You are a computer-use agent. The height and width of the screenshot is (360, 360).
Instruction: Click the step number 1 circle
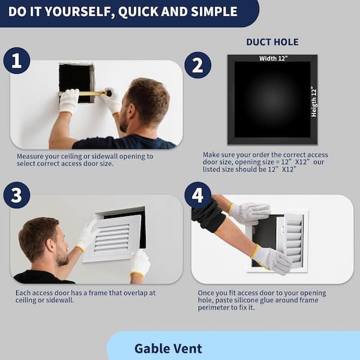17,61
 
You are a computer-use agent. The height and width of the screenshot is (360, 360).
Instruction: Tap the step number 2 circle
197,65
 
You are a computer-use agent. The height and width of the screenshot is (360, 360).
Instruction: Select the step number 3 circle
17,195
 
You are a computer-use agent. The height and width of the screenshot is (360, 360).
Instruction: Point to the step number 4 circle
198,195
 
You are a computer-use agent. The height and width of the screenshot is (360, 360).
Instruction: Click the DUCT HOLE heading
272,42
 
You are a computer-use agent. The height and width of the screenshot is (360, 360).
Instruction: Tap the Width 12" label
273,59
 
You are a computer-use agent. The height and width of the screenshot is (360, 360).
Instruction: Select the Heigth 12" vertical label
314,102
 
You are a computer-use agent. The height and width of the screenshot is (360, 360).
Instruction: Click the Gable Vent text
168,349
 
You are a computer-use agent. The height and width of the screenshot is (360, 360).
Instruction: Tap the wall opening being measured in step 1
76,83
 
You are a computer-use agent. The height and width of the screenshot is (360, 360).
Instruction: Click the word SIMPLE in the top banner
214,11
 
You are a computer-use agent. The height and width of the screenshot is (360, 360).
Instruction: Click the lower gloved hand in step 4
272,260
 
